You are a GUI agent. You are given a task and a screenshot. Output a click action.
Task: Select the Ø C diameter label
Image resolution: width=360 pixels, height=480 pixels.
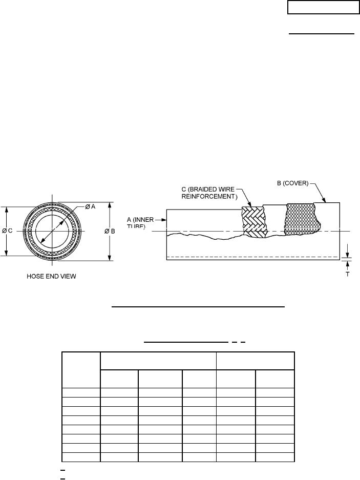pyautogui.click(x=8, y=231)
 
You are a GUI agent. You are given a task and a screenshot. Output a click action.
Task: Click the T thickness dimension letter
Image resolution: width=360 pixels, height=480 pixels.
pyautogui.click(x=348, y=274)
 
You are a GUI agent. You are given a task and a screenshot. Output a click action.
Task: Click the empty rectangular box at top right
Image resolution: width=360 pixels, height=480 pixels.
pyautogui.click(x=323, y=7)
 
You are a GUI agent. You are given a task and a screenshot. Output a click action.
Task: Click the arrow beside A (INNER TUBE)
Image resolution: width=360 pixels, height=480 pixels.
pyautogui.click(x=164, y=220)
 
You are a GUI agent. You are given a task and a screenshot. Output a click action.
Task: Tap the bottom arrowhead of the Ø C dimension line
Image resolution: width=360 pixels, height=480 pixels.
pyautogui.click(x=6, y=253)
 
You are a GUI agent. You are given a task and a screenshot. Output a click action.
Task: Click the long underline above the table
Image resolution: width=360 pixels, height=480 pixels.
pyautogui.click(x=198, y=307)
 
